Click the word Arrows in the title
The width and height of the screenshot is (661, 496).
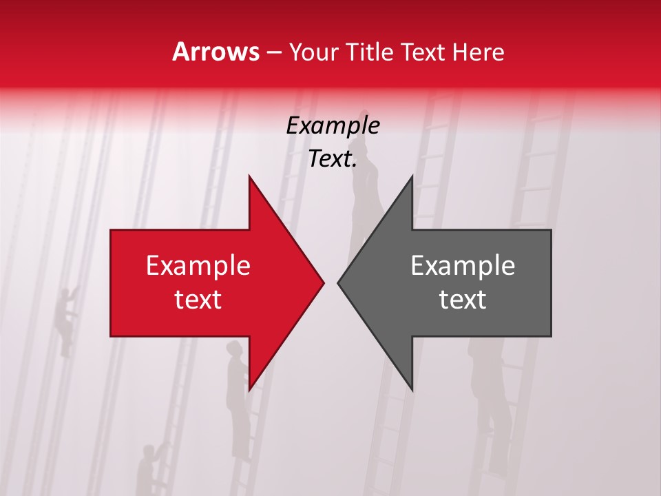pyautogui.click(x=216, y=52)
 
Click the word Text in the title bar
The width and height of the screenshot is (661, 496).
pyautogui.click(x=423, y=52)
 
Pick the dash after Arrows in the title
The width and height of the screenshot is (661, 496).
pyautogui.click(x=273, y=53)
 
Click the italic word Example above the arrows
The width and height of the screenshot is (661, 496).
pyautogui.click(x=333, y=125)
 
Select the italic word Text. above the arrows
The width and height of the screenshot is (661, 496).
pyautogui.click(x=333, y=159)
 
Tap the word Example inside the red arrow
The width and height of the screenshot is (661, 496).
pyautogui.click(x=198, y=265)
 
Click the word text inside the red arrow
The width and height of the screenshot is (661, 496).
pyautogui.click(x=198, y=300)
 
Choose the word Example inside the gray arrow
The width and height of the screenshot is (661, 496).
pyautogui.click(x=463, y=265)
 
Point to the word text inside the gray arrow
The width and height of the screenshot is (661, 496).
pyautogui.click(x=463, y=300)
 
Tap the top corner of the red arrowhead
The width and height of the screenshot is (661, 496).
pyautogui.click(x=249, y=177)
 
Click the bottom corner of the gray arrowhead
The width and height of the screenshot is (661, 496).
pyautogui.click(x=412, y=389)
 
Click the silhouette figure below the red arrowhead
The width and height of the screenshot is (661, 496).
pyautogui.click(x=238, y=400)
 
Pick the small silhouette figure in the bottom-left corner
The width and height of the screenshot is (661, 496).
pyautogui.click(x=147, y=468)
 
